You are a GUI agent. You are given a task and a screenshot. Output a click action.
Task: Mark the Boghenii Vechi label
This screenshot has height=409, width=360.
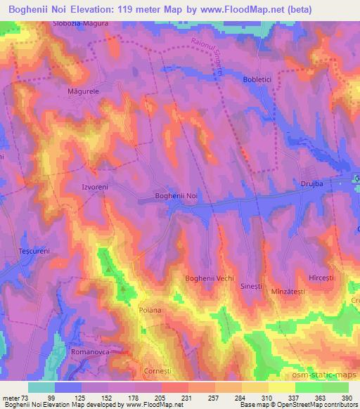[x=209, y=279]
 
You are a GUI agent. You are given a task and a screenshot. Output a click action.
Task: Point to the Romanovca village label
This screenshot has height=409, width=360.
[x=91, y=349]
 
